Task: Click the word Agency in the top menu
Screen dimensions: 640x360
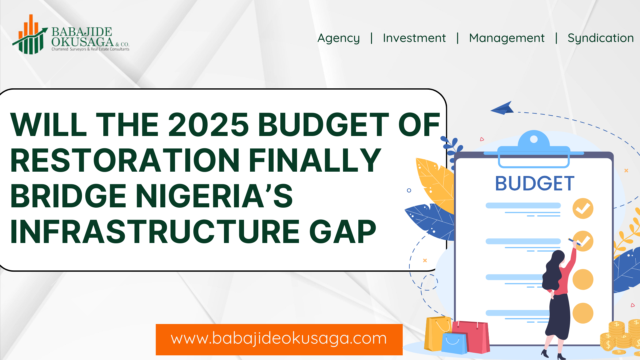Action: click(338, 38)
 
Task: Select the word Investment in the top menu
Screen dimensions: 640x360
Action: click(414, 38)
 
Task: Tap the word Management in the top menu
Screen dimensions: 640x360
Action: click(507, 38)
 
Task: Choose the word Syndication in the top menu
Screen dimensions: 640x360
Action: click(601, 38)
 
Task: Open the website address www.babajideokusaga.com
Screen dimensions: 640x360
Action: click(279, 338)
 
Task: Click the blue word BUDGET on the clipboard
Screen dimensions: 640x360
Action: click(535, 183)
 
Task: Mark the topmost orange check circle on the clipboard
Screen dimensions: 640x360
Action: click(583, 208)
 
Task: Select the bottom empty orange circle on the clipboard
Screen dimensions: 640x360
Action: click(583, 313)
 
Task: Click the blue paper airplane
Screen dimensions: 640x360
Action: click(503, 108)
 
